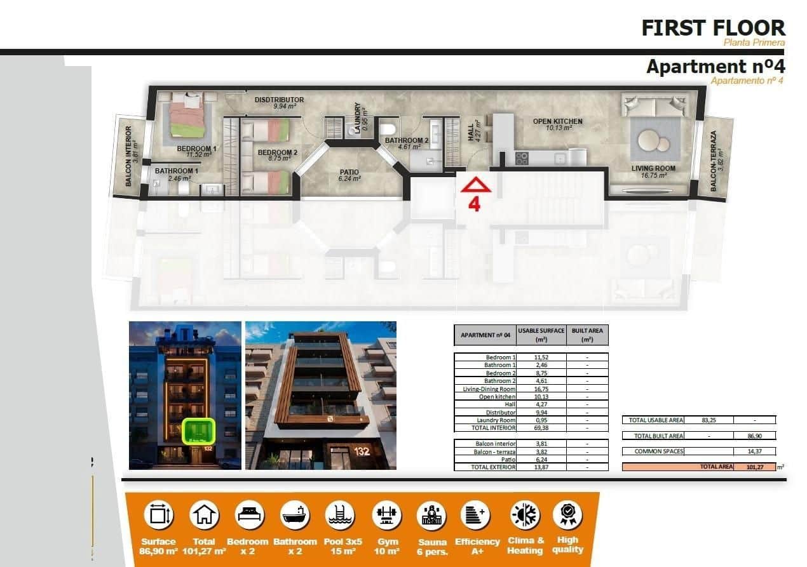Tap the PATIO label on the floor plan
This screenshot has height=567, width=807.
(349, 172)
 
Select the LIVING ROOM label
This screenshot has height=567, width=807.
(653, 168)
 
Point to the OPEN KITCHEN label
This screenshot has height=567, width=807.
(557, 121)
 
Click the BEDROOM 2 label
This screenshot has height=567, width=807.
(277, 152)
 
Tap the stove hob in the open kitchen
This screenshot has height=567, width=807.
(521, 159)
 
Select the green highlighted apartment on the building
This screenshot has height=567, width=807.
(200, 430)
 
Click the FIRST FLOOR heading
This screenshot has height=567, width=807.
(713, 28)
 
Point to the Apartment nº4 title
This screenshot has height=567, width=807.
(715, 66)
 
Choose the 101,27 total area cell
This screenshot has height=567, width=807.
(754, 467)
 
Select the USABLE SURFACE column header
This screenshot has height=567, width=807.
(541, 335)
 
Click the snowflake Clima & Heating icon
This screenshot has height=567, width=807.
(525, 515)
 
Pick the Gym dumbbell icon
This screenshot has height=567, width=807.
(387, 515)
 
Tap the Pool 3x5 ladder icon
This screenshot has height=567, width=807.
(341, 515)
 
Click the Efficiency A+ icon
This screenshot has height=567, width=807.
(477, 515)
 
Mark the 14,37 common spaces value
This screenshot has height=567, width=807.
(754, 451)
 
